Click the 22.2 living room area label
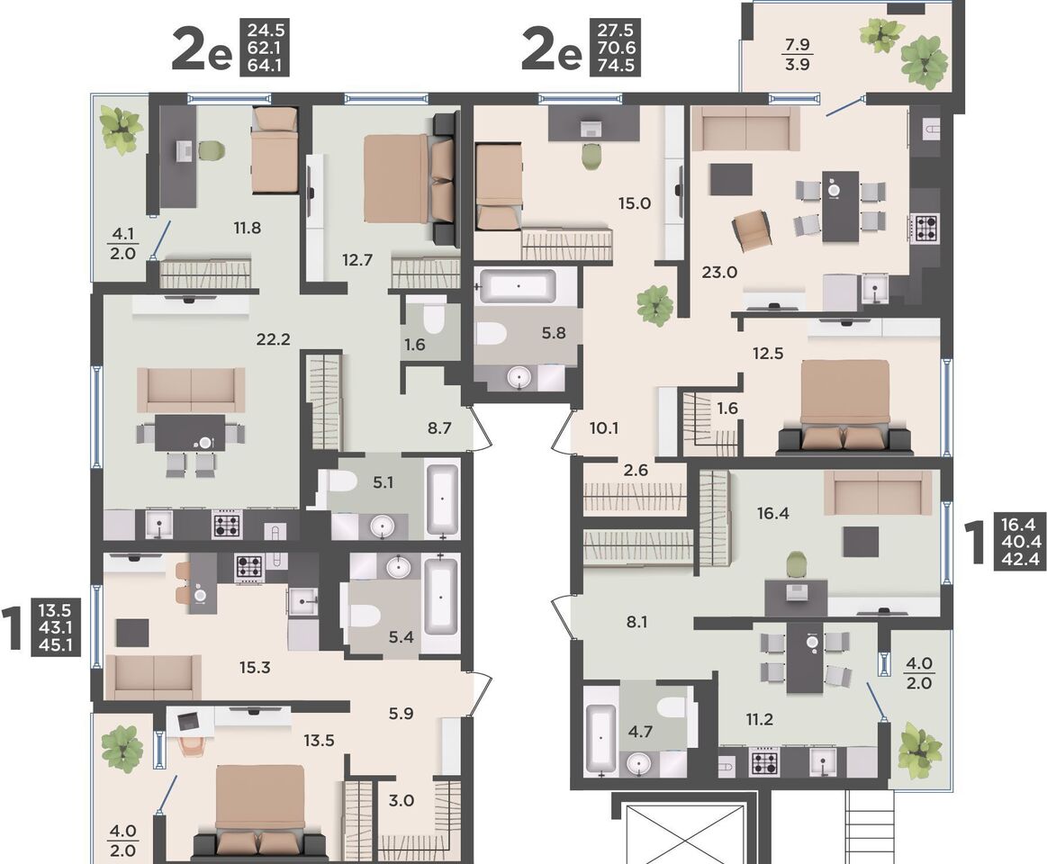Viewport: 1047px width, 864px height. coord(274,339)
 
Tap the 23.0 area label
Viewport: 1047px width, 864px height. coord(719,272)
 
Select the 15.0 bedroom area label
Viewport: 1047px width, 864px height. coord(635,203)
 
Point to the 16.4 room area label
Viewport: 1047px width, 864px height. coord(773,513)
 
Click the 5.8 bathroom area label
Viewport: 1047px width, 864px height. coord(555,332)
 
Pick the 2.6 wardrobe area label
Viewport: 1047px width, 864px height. coord(636,470)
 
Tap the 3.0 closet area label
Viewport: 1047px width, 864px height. coord(402,800)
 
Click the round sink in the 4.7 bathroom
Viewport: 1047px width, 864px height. coord(641,763)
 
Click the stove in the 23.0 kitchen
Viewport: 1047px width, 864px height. coord(925,226)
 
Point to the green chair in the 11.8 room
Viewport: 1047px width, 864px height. coord(211,150)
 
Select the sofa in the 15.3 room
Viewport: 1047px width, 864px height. coord(154,677)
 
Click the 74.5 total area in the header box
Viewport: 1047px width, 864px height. coord(616,66)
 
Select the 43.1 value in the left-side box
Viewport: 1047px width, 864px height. coord(55,627)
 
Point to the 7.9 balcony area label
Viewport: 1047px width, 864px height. coord(798,45)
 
